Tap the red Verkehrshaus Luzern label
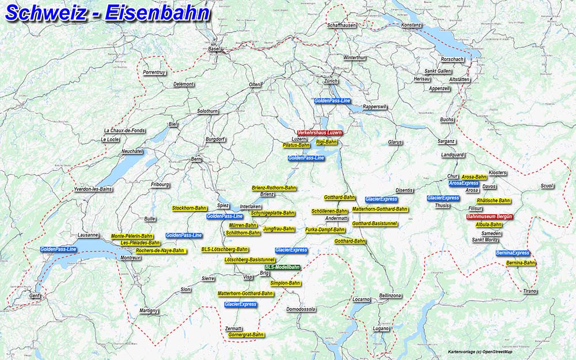tap(320, 132)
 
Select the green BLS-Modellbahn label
tap(282, 267)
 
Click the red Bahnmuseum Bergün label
tap(489, 217)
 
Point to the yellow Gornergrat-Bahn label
tap(246, 335)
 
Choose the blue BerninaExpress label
tap(513, 253)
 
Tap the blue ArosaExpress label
tap(464, 183)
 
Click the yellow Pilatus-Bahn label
tap(297, 145)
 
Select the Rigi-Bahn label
tap(327, 142)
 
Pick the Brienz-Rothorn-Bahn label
tap(274, 188)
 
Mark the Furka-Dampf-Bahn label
tap(325, 230)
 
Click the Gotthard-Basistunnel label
tap(375, 223)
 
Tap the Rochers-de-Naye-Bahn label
tap(160, 251)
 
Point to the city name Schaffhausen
tap(342, 25)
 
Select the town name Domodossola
tap(301, 309)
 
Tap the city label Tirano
tap(529, 291)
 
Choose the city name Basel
tap(214, 49)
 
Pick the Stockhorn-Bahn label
tap(190, 208)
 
